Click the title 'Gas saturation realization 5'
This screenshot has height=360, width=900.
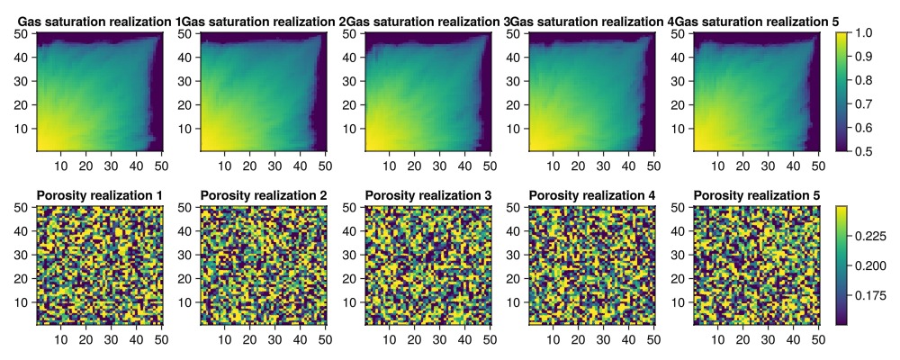(757, 20)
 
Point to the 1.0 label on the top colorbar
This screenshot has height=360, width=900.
(865, 32)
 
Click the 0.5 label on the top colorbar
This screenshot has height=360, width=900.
(865, 150)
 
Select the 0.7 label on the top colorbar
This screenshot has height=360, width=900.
(865, 103)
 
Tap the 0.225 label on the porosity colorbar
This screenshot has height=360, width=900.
(873, 236)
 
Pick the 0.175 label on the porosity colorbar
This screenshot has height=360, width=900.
(873, 294)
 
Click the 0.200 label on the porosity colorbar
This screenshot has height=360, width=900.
(873, 265)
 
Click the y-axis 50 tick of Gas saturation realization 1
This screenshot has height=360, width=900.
(23, 33)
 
